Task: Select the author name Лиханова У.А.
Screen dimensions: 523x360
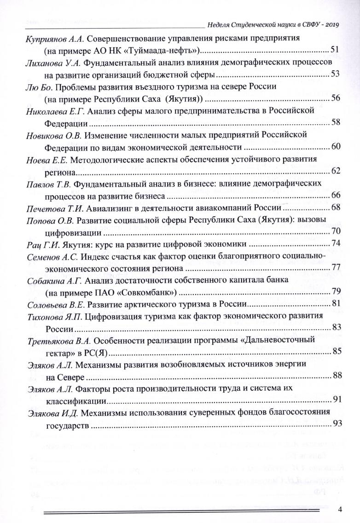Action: (x=50, y=61)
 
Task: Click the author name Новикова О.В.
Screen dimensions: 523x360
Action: (x=51, y=134)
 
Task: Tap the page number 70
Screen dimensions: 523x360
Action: (x=335, y=232)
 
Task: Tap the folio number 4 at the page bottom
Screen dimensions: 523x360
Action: (x=340, y=510)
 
